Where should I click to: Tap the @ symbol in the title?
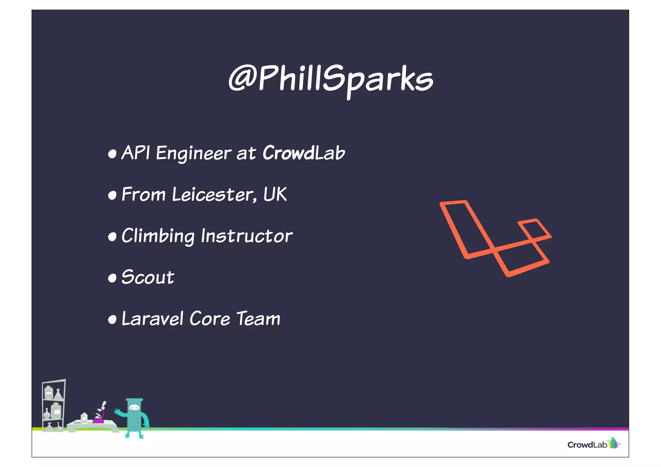pos(242,78)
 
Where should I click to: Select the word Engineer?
pos(194,153)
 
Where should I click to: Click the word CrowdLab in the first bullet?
pos(304,153)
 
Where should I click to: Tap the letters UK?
pos(275,194)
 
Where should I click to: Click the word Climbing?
pos(158,236)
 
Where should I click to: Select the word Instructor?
pos(247,236)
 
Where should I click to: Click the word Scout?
pos(148,277)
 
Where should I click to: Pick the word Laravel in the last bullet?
pos(153,319)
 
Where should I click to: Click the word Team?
pos(258,319)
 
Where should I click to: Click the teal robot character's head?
pos(134,407)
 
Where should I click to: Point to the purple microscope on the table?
pos(100,414)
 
